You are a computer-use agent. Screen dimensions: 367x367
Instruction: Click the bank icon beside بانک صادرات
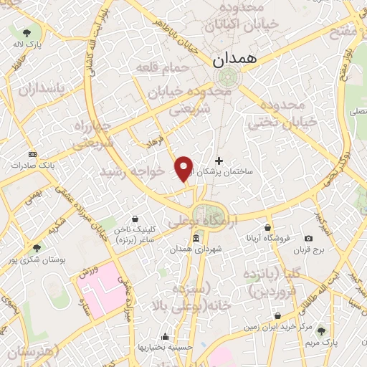[x=32, y=154]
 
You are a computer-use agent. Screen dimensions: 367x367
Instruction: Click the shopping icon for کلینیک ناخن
[x=135, y=221]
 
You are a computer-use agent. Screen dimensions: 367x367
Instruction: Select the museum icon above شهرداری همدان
[x=196, y=239]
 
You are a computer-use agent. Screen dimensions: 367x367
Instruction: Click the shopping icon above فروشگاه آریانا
[x=267, y=227]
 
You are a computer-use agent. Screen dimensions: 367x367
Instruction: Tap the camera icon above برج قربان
[x=308, y=238]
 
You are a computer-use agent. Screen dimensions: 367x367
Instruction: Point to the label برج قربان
[x=313, y=249]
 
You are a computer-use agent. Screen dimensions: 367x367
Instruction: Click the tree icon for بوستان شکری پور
[x=37, y=247]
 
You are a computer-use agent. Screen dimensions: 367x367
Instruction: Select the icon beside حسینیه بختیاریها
[x=166, y=336]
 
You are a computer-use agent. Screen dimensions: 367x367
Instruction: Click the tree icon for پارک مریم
[x=322, y=330]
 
